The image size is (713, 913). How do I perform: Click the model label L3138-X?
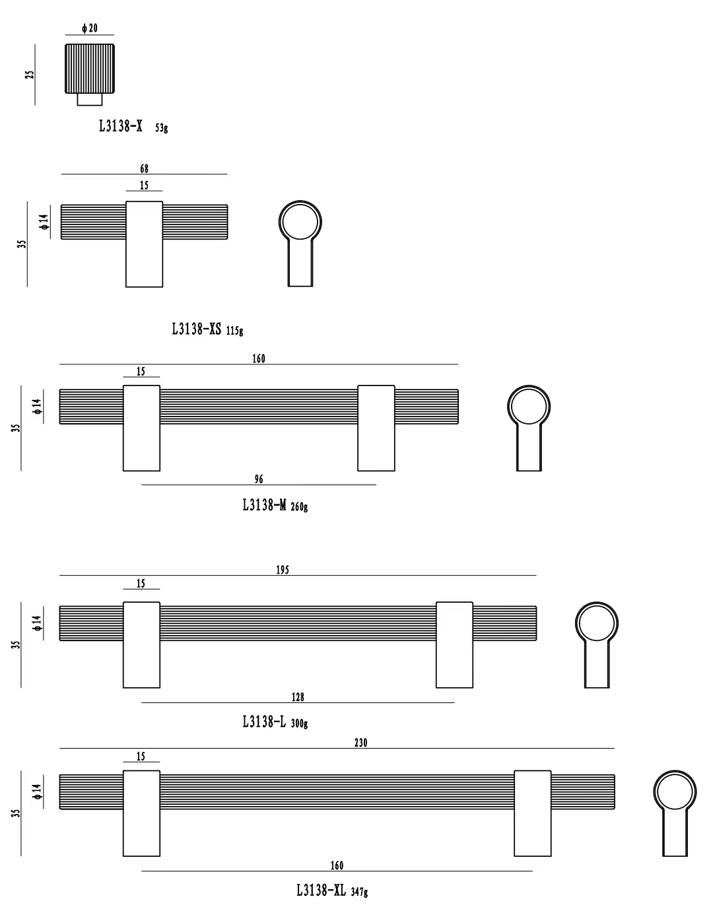pos(121,126)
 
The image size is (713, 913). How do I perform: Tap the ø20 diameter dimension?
pos(90,28)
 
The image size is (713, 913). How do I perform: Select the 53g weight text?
pos(162,127)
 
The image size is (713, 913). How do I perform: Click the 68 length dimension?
pos(144,168)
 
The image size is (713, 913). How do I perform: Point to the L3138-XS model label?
pos(196,329)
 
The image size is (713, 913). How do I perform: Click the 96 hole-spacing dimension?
pos(259,479)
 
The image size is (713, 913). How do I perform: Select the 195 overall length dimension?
pos(283,570)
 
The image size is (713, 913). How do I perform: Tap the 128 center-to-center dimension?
pos(298,697)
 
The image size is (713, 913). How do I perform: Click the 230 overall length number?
pos(361,743)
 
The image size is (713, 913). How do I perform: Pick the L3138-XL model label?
pos(321,891)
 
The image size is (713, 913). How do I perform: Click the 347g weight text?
pos(359,892)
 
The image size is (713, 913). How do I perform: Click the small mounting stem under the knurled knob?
pos(90,99)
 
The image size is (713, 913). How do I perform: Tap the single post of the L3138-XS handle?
pos(144,244)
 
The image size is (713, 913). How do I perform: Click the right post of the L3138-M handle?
pos(376,428)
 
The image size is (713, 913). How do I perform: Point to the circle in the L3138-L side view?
pos(597,623)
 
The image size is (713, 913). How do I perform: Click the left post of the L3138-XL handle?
pos(141,813)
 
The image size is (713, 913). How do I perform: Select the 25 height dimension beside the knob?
pos(30,75)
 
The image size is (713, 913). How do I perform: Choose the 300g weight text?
pos(299,724)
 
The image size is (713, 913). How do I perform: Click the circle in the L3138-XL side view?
pos(675,792)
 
